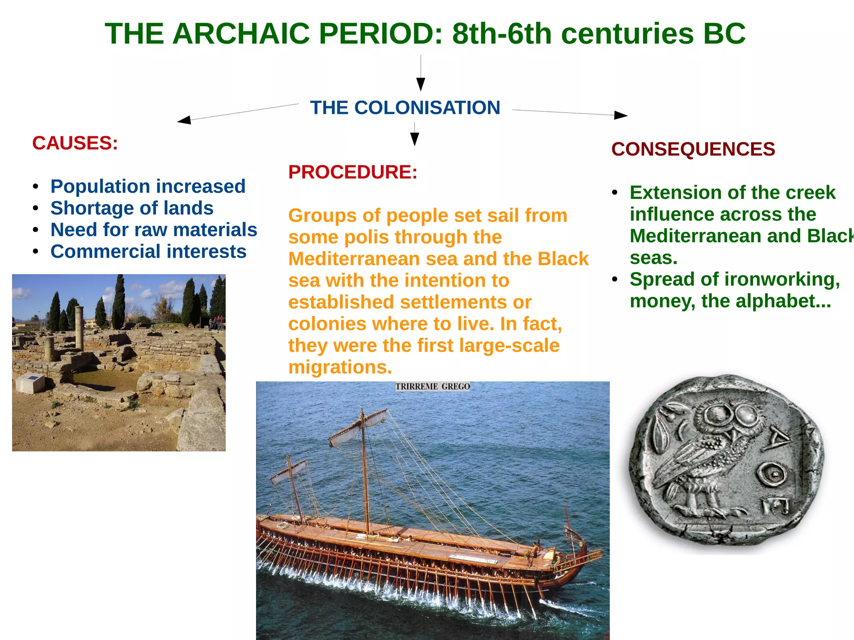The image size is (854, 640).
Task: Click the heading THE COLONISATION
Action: (x=405, y=108)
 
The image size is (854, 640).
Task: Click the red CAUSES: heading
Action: (x=75, y=143)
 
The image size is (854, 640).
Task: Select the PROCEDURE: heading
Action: (x=353, y=172)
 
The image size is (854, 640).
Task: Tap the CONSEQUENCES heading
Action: (x=693, y=149)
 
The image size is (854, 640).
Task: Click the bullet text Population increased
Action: (x=148, y=186)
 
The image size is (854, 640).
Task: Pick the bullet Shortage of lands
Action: (x=132, y=208)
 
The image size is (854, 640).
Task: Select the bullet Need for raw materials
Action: (x=153, y=230)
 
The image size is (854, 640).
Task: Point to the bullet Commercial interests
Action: (x=148, y=251)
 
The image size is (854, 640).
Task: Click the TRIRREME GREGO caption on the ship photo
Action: (x=432, y=387)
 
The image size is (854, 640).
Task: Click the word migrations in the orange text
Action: (x=339, y=367)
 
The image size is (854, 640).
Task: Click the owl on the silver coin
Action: (x=709, y=459)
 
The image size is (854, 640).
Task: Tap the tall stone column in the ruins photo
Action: (x=79, y=327)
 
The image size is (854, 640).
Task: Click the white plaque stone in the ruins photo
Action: (x=30, y=383)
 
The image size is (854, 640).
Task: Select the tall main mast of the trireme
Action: (x=365, y=471)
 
